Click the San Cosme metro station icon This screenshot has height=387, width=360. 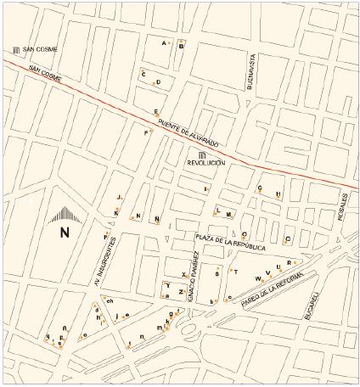[16, 50]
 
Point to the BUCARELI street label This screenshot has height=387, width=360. [312, 305]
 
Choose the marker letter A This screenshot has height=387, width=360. [164, 42]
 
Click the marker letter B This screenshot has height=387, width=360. [181, 47]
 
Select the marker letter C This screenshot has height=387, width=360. [144, 74]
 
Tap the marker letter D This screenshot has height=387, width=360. [159, 82]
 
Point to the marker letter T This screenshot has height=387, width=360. [235, 272]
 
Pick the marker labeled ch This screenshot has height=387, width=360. [110, 300]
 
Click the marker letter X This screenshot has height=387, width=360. [183, 276]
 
